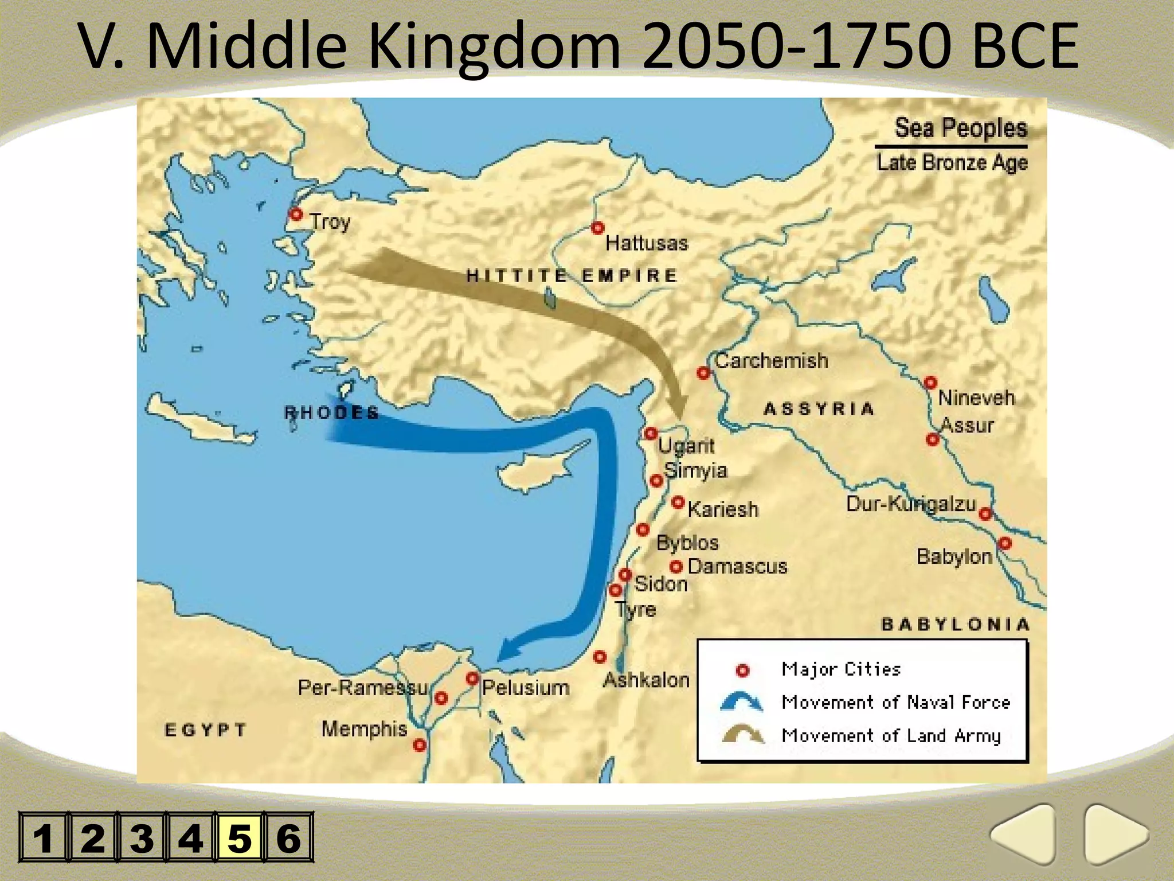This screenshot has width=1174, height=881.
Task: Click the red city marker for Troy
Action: (296, 214)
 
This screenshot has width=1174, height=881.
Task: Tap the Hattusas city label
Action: (646, 243)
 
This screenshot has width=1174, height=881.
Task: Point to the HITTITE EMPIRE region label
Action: (572, 276)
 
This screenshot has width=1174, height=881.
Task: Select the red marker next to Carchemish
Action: (703, 373)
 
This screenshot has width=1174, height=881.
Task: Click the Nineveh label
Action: (976, 397)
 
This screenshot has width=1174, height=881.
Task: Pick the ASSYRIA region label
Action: (819, 409)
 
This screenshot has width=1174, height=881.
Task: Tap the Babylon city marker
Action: (1004, 543)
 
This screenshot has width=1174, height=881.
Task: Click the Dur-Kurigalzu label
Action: (910, 504)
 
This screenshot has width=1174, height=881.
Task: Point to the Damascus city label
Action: (737, 567)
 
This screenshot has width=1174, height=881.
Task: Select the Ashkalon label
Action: (645, 680)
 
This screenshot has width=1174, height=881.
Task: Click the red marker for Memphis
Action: (420, 745)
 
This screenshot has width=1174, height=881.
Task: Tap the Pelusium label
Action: (525, 688)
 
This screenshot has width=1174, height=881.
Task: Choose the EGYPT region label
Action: (205, 730)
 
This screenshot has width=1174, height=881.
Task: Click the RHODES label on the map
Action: (331, 412)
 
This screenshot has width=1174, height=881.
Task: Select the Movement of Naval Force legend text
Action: (895, 703)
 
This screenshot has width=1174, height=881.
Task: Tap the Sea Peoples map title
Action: (960, 128)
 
